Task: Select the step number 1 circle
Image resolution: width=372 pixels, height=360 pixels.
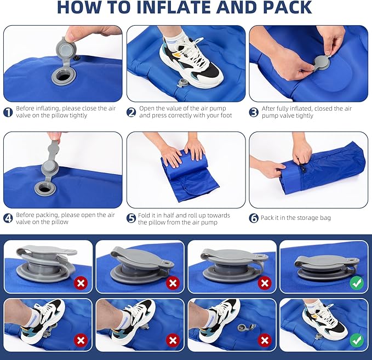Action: (x=8, y=112)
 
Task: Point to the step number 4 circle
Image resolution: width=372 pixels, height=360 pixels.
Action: (x=8, y=218)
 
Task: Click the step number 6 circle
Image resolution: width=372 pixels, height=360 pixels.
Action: (x=254, y=218)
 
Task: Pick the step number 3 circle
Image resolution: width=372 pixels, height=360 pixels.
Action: (x=254, y=112)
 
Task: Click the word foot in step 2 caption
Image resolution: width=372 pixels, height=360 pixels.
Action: (x=225, y=116)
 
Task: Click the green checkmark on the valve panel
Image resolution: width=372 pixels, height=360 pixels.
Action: (x=356, y=283)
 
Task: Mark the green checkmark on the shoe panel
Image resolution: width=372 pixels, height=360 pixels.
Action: (x=356, y=340)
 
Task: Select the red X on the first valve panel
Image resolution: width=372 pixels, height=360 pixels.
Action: (x=81, y=283)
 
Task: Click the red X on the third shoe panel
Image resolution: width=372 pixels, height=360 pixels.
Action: (x=265, y=340)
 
